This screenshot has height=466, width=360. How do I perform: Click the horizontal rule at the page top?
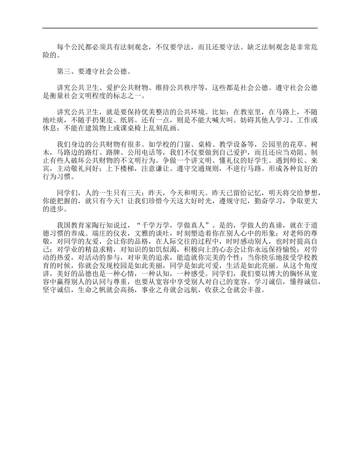coord(180,28)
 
